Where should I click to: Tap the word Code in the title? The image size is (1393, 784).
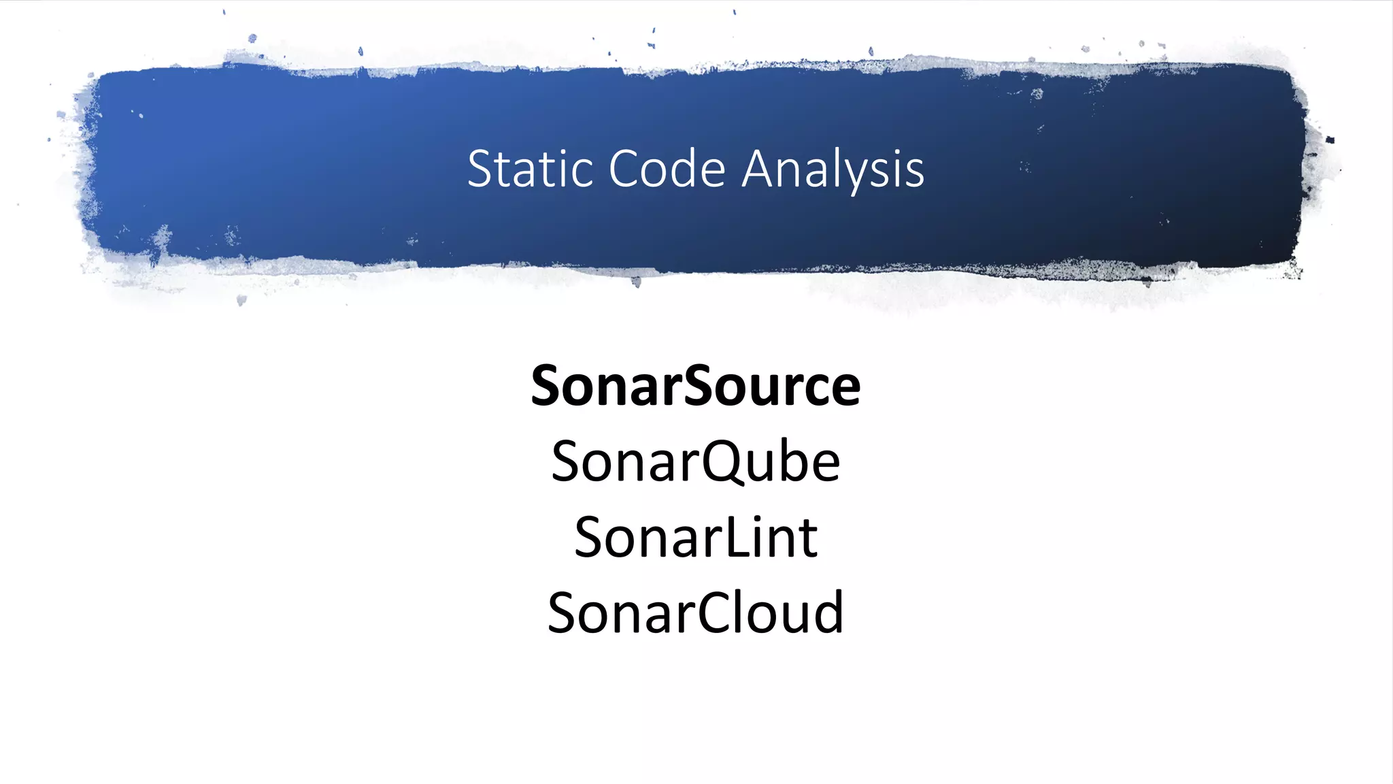667,169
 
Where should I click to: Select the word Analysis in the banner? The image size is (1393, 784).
833,169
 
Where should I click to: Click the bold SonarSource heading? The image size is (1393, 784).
696,386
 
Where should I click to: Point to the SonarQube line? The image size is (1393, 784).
696,462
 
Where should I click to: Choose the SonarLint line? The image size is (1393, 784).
696,538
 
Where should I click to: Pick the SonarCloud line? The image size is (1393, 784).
696,612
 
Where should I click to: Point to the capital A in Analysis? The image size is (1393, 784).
760,169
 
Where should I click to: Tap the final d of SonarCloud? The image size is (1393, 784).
829,611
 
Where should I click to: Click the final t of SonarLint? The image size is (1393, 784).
809,539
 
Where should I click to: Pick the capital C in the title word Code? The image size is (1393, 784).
625,169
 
